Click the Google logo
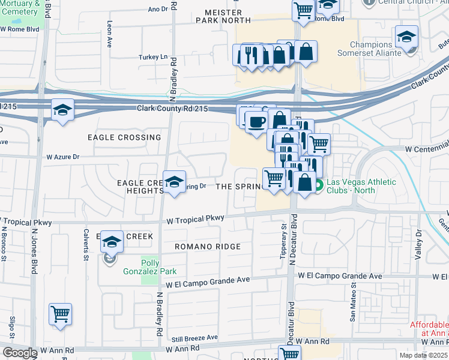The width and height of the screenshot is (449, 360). [19, 353]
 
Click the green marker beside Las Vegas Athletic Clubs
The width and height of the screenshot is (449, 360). [319, 186]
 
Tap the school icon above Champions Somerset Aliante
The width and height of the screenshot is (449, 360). [406, 37]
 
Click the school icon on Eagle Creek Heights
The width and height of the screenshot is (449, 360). [174, 182]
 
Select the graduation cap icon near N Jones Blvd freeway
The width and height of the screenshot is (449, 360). [62, 110]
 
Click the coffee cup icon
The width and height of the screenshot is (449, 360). [256, 122]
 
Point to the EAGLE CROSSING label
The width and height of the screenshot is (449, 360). [124, 137]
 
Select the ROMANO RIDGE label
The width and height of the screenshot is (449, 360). [207, 247]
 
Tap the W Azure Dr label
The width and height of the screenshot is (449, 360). [62, 157]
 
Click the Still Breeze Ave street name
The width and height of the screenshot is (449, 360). [193, 338]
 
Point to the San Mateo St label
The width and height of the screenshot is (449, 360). [352, 306]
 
